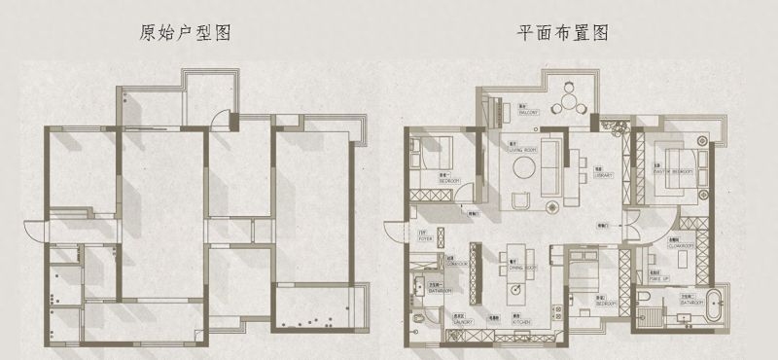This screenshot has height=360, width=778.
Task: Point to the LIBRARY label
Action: click(x=602, y=176)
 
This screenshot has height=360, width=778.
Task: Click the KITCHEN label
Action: click(x=519, y=320)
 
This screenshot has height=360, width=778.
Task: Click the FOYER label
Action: click(x=425, y=238)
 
